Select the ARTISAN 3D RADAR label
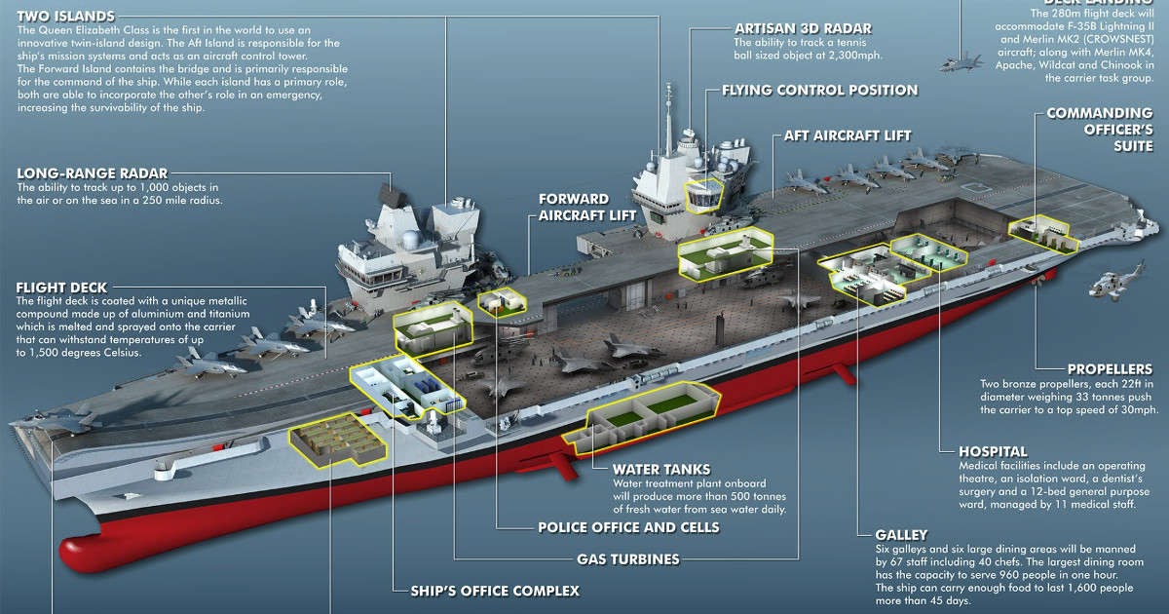tap(804, 27)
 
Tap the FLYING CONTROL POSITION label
tap(819, 90)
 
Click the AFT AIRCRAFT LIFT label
tap(848, 134)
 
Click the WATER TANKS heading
tap(660, 469)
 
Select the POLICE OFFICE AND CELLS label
tap(628, 527)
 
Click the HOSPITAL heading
tap(993, 451)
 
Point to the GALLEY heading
tap(901, 534)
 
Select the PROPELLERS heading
tap(1110, 369)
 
